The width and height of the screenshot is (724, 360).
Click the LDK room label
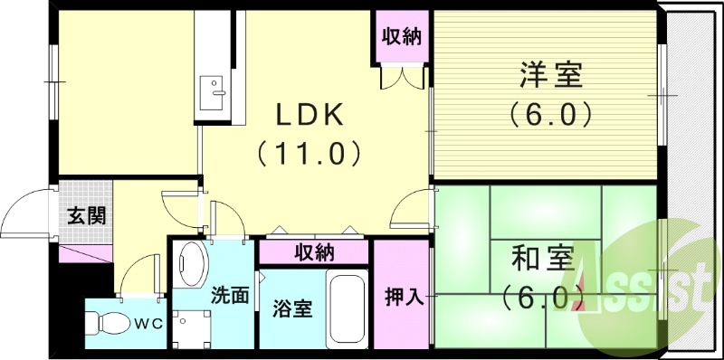(309, 115)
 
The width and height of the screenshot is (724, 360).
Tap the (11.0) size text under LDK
(310, 152)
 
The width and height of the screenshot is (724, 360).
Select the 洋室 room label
(549, 76)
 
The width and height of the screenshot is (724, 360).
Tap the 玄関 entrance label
(86, 216)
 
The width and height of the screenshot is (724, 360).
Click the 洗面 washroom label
(230, 295)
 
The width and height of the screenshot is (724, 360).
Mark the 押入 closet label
(402, 296)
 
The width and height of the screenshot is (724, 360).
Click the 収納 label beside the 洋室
(403, 38)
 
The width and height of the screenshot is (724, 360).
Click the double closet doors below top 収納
(401, 79)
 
